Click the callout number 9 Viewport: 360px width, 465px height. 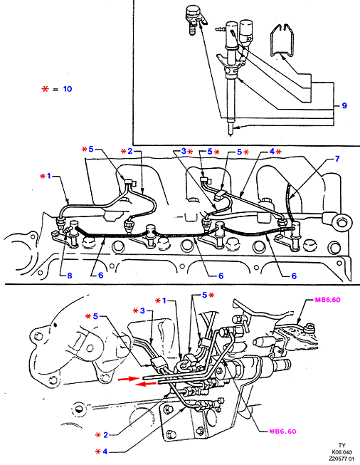pos(344,105)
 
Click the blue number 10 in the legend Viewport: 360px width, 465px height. pos(68,89)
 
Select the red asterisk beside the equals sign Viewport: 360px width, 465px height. pos(45,89)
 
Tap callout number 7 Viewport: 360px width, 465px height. pos(337,159)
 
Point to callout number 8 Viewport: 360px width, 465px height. pos(70,276)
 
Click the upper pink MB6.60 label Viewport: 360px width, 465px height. pos(327,300)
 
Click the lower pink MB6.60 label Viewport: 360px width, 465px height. pos(282,432)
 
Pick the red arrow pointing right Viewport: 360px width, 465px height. pos(128,379)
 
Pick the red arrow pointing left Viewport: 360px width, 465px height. pos(146,385)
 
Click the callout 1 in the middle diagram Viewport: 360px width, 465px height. pos(49,176)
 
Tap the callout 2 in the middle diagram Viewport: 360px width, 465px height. pos(129,151)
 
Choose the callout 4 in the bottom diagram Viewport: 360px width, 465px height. pos(105,451)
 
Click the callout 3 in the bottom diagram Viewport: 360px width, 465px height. pos(142,310)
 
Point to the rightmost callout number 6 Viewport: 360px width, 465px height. pos(294,276)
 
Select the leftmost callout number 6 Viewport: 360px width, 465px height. pos(101,276)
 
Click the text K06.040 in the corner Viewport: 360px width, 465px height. pos(342,452)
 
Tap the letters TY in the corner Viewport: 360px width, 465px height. pos(342,446)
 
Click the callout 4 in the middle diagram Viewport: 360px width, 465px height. pos(272,151)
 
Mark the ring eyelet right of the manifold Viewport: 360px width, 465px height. pos(343,221)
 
